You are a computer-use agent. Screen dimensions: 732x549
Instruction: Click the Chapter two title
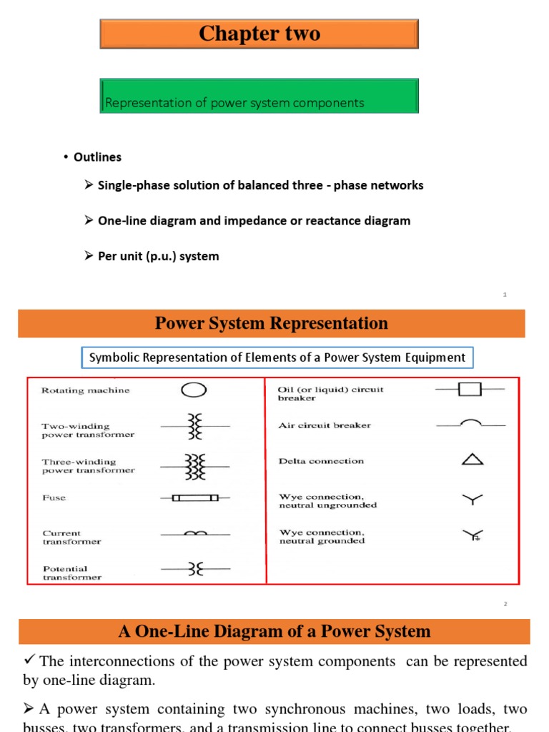click(259, 34)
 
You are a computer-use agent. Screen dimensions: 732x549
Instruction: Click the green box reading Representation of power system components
click(259, 97)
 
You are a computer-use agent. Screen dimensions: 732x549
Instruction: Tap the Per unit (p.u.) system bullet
click(158, 256)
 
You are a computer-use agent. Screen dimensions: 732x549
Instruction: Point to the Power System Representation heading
click(272, 323)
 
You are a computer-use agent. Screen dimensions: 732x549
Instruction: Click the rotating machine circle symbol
click(194, 390)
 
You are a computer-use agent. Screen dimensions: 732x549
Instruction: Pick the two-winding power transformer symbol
click(194, 426)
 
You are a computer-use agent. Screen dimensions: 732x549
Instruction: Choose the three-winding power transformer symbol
click(194, 466)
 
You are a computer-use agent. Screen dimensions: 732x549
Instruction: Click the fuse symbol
click(194, 498)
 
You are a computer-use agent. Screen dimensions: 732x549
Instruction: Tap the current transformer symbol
click(194, 533)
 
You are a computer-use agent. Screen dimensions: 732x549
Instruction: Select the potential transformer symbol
click(194, 569)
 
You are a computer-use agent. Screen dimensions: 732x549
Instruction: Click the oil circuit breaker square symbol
click(470, 390)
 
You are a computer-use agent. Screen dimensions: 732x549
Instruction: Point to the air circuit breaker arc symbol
click(470, 423)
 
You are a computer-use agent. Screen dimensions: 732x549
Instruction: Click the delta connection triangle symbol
click(473, 460)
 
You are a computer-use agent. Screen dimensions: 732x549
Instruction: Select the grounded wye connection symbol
click(473, 535)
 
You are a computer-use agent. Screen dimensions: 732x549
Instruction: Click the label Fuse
click(54, 498)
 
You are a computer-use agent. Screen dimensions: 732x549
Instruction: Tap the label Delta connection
click(321, 461)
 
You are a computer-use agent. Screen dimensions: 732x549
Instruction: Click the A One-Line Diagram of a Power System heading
click(274, 631)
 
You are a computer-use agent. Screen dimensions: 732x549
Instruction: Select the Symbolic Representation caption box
click(277, 357)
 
